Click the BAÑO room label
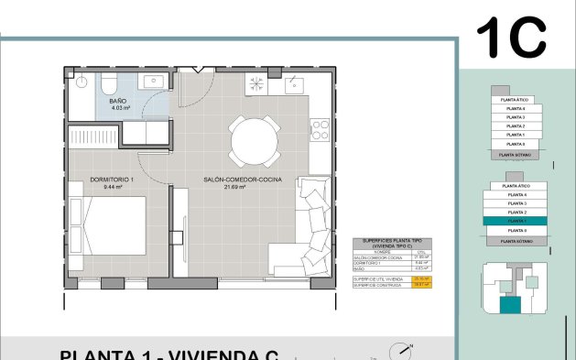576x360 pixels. tap(118, 100)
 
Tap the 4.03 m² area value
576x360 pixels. tap(120, 108)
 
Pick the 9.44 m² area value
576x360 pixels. tap(114, 187)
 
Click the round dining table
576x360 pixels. tap(255, 139)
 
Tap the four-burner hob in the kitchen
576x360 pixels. tap(257, 84)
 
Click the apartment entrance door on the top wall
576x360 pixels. tap(194, 70)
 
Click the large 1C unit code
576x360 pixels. tap(510, 37)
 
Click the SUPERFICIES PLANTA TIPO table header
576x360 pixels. tap(392, 245)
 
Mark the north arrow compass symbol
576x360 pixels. tap(400, 351)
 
